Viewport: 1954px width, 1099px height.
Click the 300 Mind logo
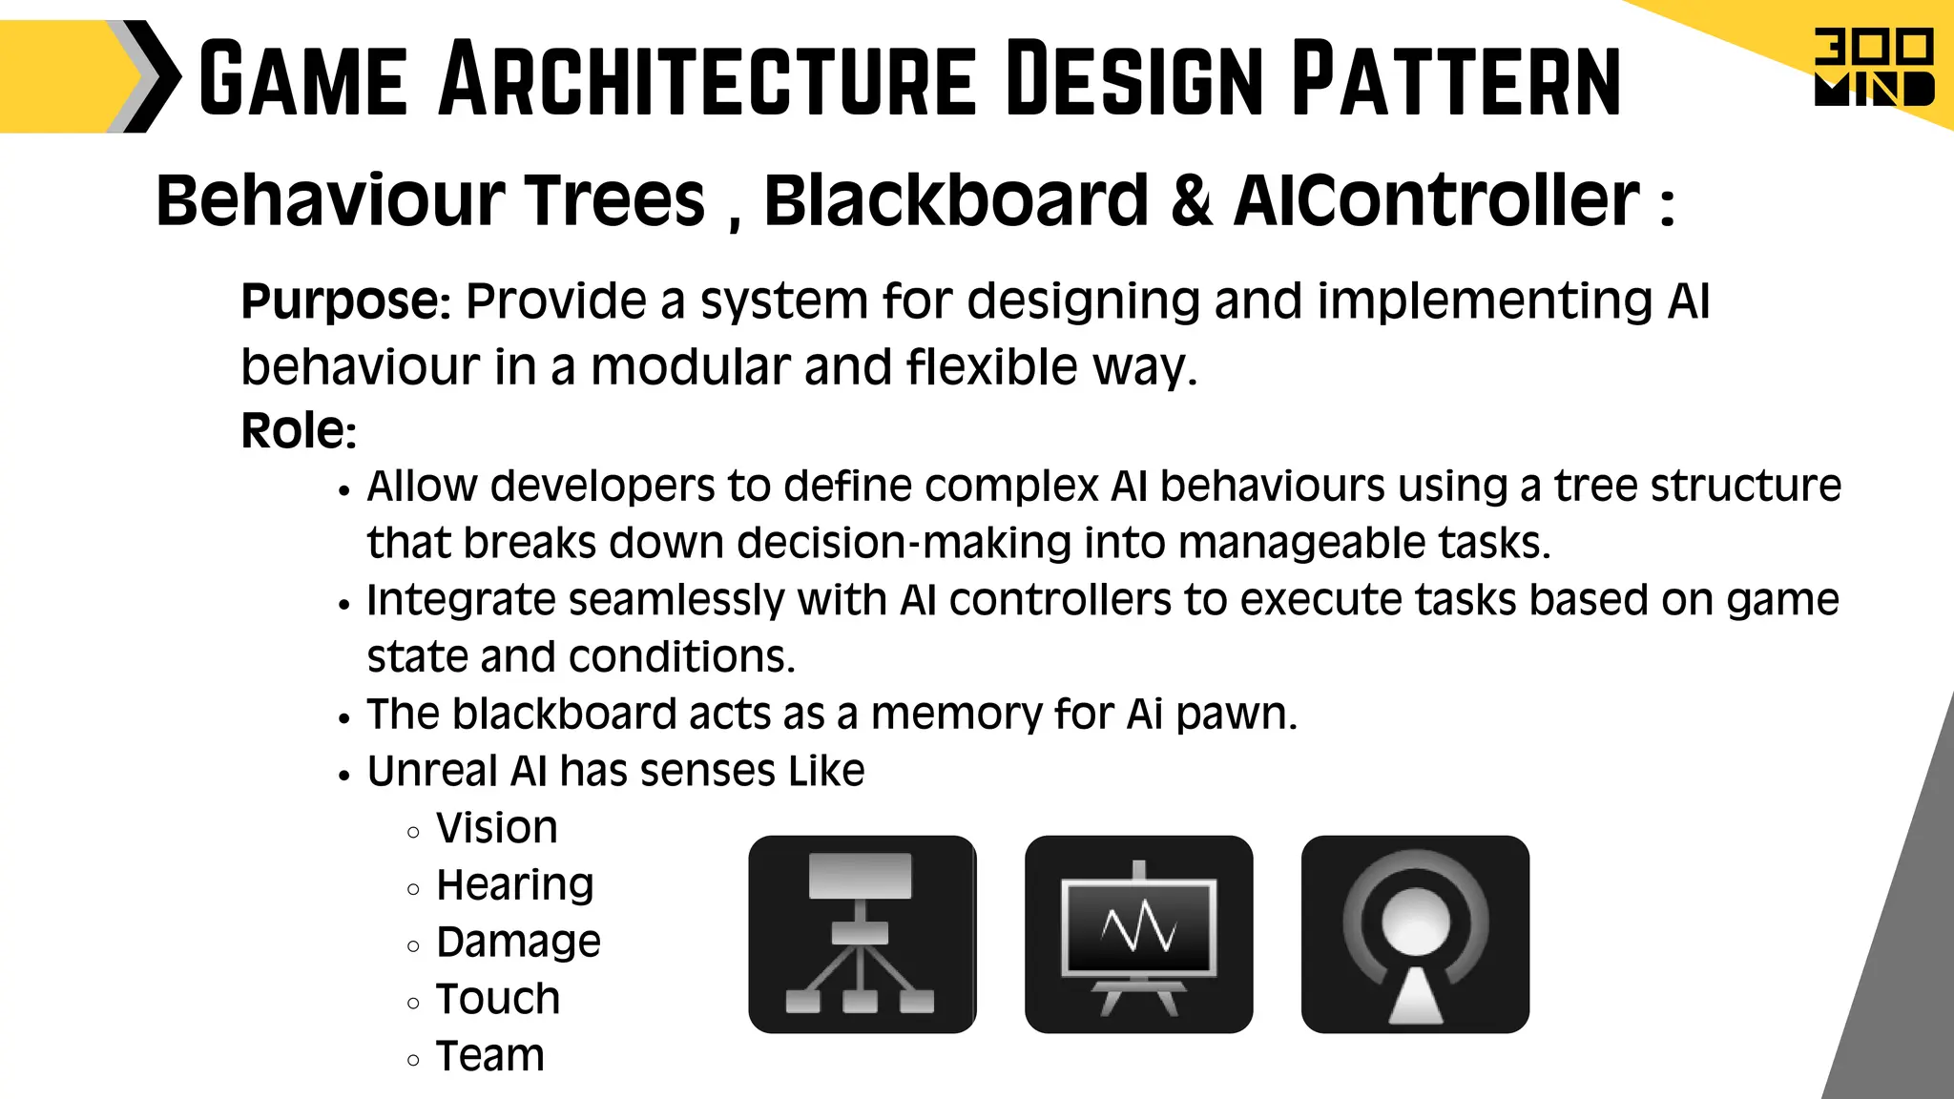tap(1873, 68)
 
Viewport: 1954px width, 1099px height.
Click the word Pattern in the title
tap(1456, 80)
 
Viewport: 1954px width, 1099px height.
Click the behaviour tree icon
tap(862, 934)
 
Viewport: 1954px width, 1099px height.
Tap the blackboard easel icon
tap(1138, 934)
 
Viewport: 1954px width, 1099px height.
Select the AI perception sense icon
tap(1415, 934)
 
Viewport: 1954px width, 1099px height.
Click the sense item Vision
tap(496, 828)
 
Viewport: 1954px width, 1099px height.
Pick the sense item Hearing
tap(514, 885)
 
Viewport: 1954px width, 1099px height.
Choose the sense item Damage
tap(518, 943)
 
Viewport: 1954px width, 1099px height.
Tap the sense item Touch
tap(497, 999)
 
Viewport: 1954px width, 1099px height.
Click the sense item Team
tap(489, 1056)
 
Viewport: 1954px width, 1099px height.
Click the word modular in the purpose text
tap(690, 367)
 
